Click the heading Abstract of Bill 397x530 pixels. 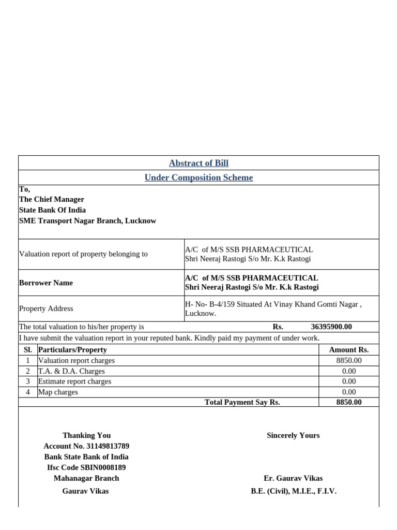coord(198,163)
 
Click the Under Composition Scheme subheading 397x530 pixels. coord(198,178)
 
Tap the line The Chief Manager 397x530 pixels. coord(52,199)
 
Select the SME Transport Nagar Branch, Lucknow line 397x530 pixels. coord(87,220)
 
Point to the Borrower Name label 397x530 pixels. coord(46,283)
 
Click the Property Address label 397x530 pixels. coord(46,308)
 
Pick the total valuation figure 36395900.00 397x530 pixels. coord(331,327)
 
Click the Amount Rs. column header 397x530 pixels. coord(348,349)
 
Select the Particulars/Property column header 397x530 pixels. coord(73,349)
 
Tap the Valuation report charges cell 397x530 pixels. coord(77,360)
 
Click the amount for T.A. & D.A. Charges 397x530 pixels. coord(348,371)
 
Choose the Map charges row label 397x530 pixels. coord(58,392)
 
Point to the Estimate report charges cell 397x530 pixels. coord(75,381)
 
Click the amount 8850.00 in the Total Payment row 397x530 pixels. coord(348,402)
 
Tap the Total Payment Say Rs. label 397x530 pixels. coord(242,402)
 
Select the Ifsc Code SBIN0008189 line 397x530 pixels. coord(86,467)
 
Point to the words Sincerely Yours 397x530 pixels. coord(293,435)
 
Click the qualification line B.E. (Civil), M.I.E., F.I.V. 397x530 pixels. coord(293,491)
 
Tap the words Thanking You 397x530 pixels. coord(86,435)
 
